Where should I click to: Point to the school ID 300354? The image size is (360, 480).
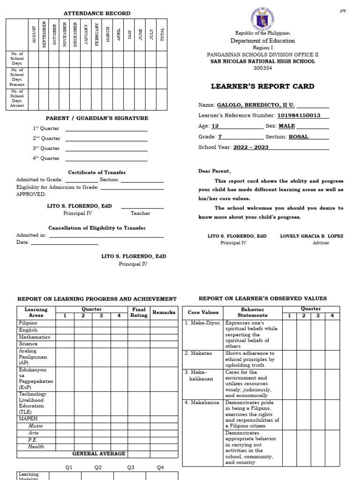pyautogui.click(x=262, y=68)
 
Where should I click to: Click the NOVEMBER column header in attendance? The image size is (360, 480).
pyautogui.click(x=65, y=35)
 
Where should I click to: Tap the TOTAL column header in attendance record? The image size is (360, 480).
pyautogui.click(x=162, y=35)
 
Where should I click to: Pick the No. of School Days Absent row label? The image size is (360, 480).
pyautogui.click(x=17, y=99)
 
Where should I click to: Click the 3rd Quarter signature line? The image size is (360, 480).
pyautogui.click(x=106, y=149)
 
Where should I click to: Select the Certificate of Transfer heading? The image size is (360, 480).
pyautogui.click(x=97, y=172)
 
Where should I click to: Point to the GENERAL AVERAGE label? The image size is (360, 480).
pyautogui.click(x=98, y=454)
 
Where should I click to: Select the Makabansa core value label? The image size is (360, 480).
pyautogui.click(x=202, y=403)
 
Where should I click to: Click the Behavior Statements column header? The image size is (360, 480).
pyautogui.click(x=253, y=313)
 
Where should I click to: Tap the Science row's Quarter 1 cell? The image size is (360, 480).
pyautogui.click(x=65, y=344)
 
